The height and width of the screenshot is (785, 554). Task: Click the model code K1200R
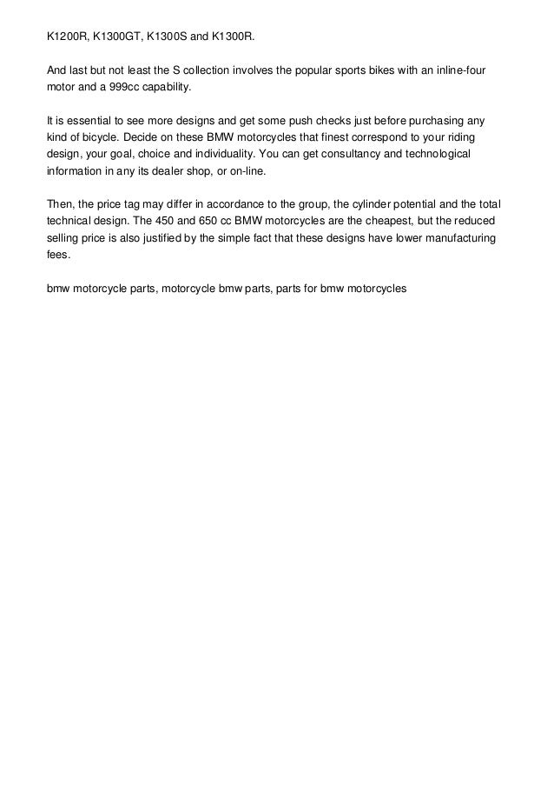pyautogui.click(x=68, y=38)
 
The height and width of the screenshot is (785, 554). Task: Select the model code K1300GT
pyautogui.click(x=120, y=38)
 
